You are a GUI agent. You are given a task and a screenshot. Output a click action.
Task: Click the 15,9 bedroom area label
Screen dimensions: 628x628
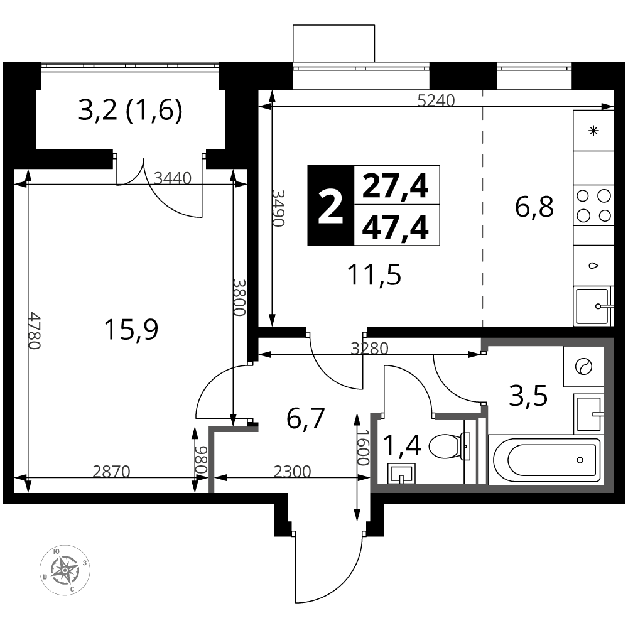click(131, 329)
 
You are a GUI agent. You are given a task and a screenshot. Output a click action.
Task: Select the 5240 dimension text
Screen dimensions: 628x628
click(436, 100)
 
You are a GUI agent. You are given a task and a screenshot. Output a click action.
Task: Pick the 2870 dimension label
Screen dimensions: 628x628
click(111, 472)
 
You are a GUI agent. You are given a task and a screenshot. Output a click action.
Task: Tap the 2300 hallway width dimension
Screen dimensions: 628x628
click(292, 472)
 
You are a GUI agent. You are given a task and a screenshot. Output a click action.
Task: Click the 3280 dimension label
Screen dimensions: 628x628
click(370, 349)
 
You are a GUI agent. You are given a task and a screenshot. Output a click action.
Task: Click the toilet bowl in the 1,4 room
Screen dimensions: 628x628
click(448, 447)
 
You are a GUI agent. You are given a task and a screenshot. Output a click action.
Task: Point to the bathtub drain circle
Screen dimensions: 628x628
click(580, 460)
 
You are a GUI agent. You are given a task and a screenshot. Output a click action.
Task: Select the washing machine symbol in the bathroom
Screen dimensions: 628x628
click(583, 367)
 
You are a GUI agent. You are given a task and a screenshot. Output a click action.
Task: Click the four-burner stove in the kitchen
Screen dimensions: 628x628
click(593, 205)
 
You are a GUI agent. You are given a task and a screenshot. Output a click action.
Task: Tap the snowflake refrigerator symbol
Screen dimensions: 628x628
click(593, 131)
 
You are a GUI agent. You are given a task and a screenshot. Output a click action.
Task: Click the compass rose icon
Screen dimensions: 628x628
click(65, 570)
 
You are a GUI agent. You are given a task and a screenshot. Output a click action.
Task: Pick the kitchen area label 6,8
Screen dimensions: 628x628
click(534, 207)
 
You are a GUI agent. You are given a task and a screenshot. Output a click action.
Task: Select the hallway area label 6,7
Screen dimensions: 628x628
click(305, 418)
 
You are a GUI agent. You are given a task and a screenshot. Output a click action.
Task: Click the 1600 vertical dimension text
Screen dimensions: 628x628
click(363, 447)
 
